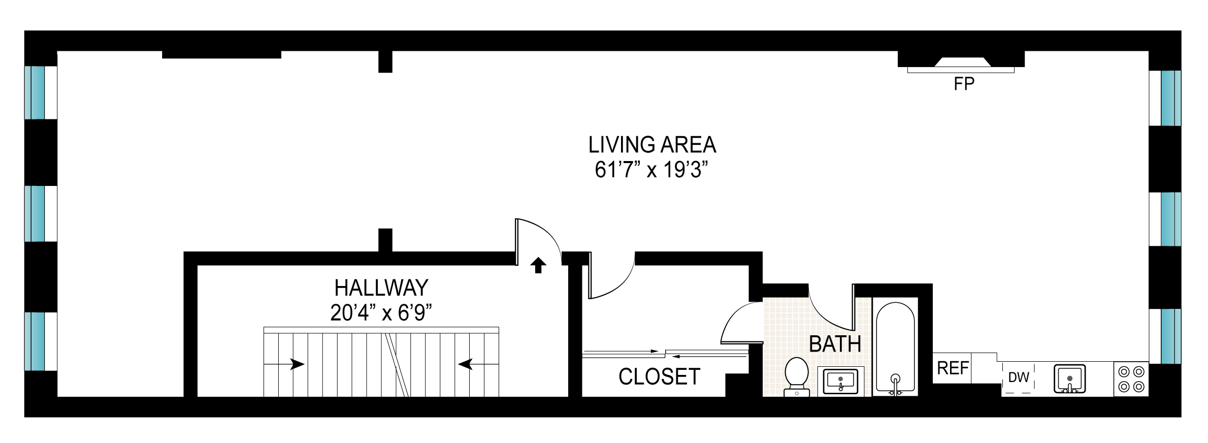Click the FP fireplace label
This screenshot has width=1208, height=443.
tap(964, 84)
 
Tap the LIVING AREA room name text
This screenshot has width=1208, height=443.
tap(652, 145)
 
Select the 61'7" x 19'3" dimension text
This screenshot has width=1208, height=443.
tap(651, 170)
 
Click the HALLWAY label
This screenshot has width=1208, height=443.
tap(381, 289)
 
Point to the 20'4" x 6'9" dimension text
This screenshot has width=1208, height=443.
tap(381, 313)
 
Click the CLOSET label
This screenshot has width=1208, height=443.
tap(659, 377)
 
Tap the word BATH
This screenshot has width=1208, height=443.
tap(835, 344)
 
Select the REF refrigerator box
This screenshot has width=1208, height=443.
tap(952, 368)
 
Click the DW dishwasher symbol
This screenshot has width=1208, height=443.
tap(1018, 377)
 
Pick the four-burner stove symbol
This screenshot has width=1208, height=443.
tap(1131, 379)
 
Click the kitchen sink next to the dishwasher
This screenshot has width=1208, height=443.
tap(1069, 379)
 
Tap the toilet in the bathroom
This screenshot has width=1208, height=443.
tap(797, 376)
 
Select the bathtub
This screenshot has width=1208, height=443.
tap(895, 348)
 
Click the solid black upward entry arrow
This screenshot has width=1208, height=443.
tap(538, 265)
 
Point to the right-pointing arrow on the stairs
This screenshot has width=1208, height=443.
tap(297, 364)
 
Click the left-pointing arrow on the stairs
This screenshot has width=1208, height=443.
tap(466, 364)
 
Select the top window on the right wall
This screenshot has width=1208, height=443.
tap(1171, 98)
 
